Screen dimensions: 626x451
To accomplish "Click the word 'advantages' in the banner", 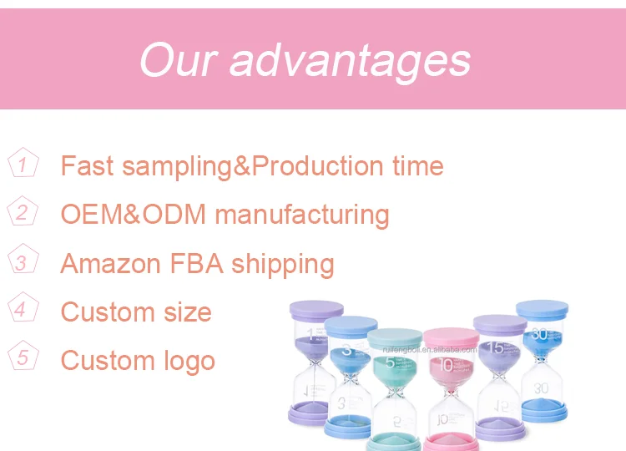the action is click(x=351, y=60).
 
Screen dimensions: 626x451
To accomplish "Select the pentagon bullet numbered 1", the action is click(x=23, y=164).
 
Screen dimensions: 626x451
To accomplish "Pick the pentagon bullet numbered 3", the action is click(x=23, y=261).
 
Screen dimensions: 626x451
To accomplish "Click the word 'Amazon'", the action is click(x=110, y=264).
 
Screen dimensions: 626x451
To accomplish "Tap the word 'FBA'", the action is click(x=196, y=264).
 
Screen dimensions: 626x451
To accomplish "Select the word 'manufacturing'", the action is click(x=302, y=215).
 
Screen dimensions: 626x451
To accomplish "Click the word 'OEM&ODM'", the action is click(x=133, y=215).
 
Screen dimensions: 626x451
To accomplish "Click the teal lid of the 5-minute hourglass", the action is click(x=396, y=337).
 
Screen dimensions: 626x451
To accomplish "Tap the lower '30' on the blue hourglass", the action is click(x=541, y=388).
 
